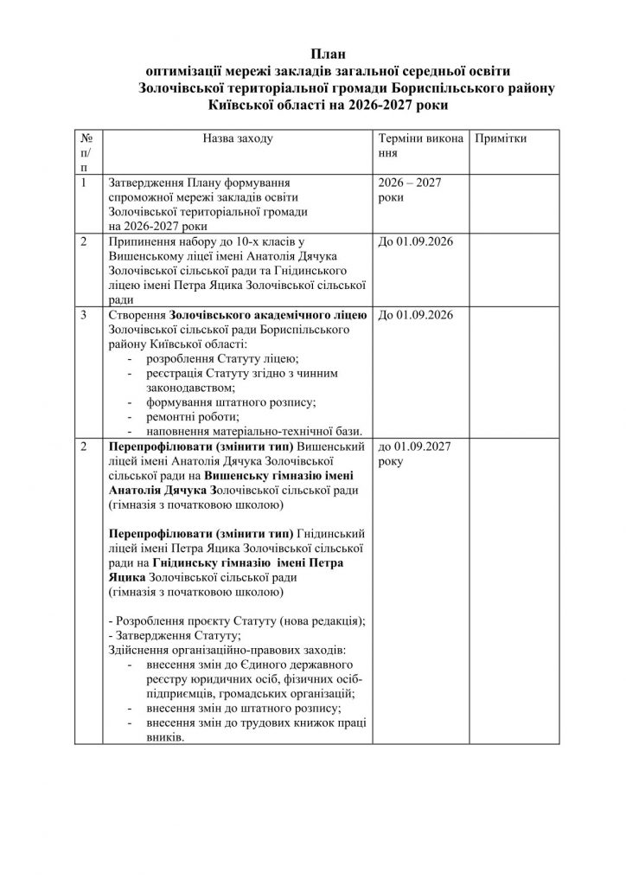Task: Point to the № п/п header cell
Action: click(86, 151)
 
